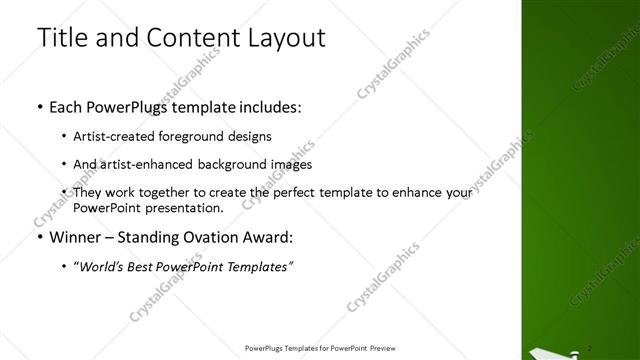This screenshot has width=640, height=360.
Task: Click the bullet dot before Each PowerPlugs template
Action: click(x=39, y=105)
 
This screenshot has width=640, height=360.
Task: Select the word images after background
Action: click(x=290, y=163)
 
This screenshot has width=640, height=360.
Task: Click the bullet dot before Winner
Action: click(x=39, y=238)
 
